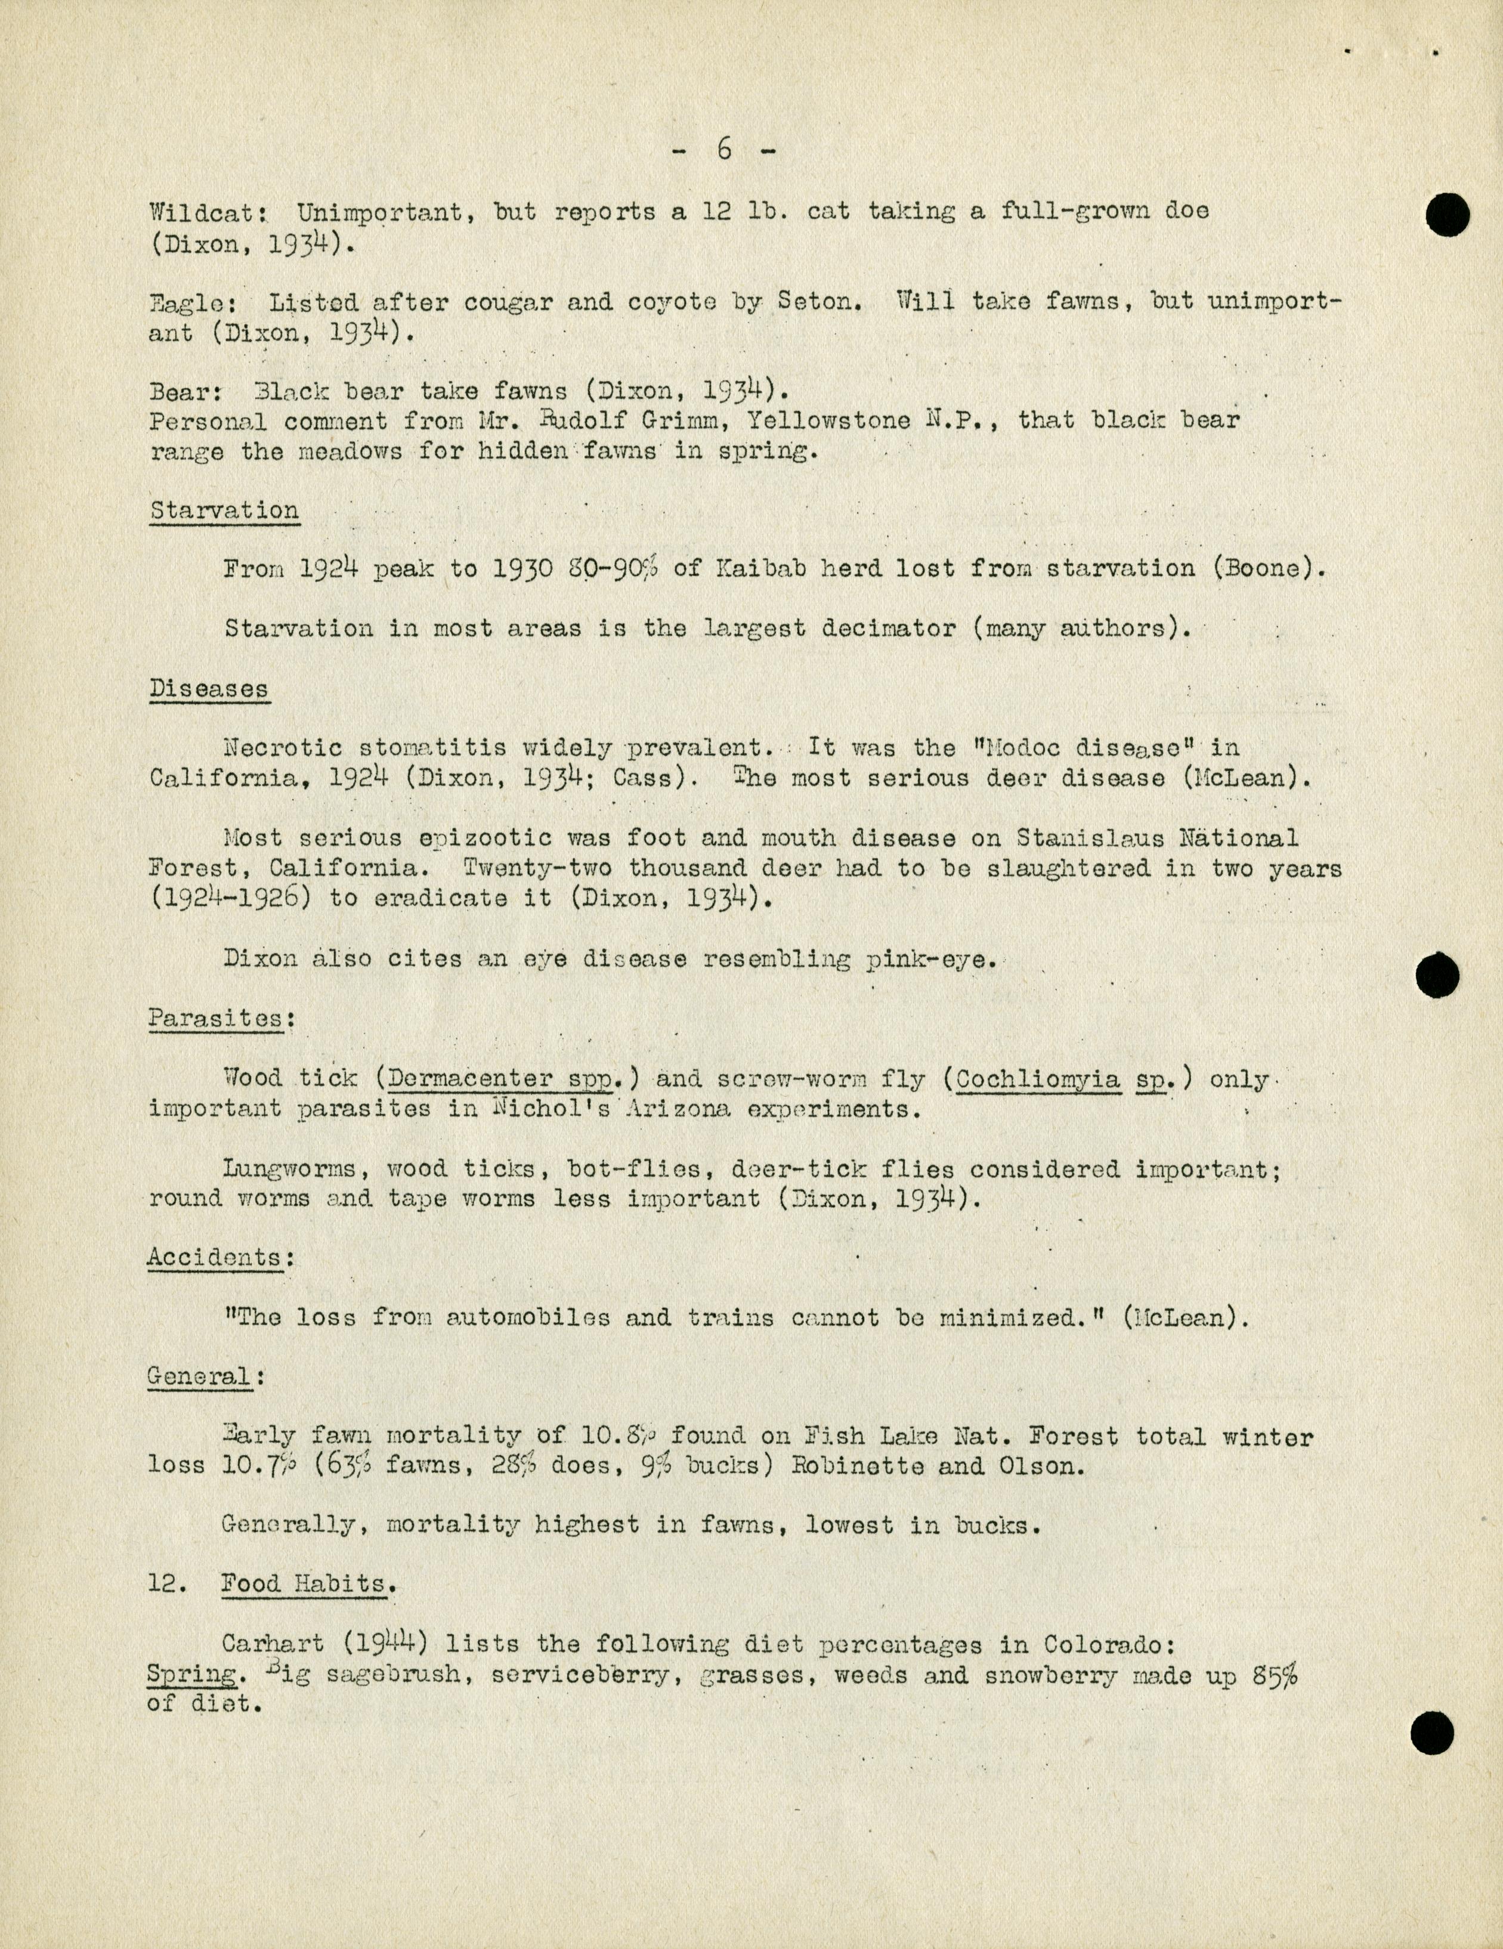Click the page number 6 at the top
(724, 150)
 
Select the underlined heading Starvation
(224, 511)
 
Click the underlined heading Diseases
(208, 689)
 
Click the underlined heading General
(199, 1376)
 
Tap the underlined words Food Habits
(304, 1585)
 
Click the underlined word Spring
(192, 1675)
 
